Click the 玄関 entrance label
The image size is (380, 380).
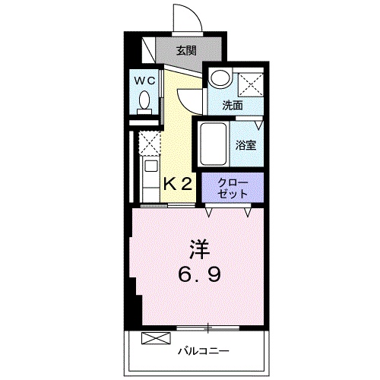(186, 52)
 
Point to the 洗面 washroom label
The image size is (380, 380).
(233, 106)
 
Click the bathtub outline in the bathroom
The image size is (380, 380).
(214, 144)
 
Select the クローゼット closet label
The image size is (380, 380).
(232, 188)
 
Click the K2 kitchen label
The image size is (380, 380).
(178, 183)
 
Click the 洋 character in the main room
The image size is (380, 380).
(198, 249)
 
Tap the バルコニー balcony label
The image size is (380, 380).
(204, 351)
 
